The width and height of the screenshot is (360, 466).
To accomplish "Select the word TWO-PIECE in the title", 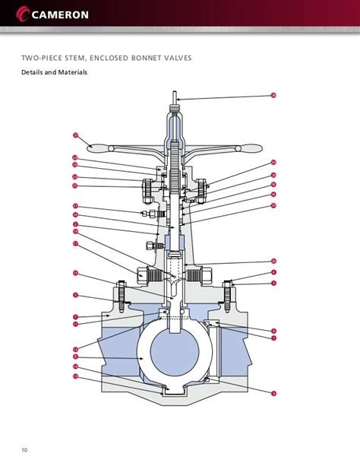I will coord(43,57).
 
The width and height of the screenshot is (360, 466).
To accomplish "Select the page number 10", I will coord(24,450).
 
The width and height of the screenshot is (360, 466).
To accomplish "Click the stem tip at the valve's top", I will coord(175,97).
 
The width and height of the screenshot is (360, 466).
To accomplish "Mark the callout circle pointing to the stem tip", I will coord(273,95).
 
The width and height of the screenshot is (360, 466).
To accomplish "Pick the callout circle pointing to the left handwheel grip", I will coord(75,135).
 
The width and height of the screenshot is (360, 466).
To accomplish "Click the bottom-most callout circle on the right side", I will coord(273,392).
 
